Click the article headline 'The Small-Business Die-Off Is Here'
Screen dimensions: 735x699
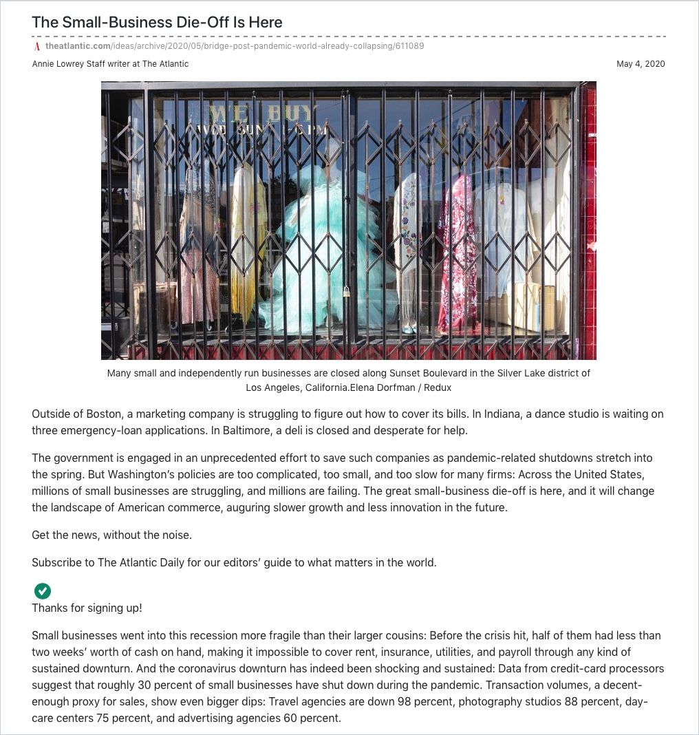point(157,22)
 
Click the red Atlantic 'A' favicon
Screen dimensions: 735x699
point(37,47)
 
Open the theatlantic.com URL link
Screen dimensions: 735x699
point(234,46)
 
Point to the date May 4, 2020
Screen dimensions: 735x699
point(641,64)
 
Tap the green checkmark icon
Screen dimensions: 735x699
point(43,590)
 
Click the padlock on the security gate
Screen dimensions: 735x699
point(347,292)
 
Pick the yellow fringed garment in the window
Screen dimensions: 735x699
point(246,234)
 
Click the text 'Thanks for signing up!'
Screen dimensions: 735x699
point(87,608)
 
